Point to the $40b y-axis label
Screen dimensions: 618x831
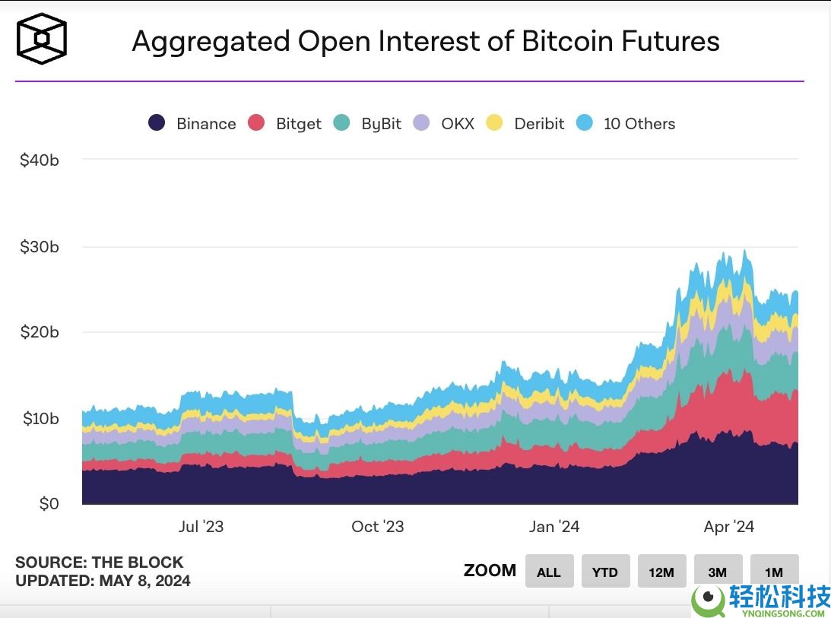pos(40,160)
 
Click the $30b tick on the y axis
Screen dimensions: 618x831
pos(40,247)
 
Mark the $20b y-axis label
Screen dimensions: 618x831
pos(40,332)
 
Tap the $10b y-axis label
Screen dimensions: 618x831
pos(40,418)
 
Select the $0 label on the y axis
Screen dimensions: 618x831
pos(49,504)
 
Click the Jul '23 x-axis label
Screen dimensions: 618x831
pos(201,527)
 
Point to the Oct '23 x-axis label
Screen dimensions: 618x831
pos(378,527)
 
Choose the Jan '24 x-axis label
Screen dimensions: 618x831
pos(554,527)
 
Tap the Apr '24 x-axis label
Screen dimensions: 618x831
pos(729,527)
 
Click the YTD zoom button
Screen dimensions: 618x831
pos(605,572)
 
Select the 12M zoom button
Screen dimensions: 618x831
pos(661,572)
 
